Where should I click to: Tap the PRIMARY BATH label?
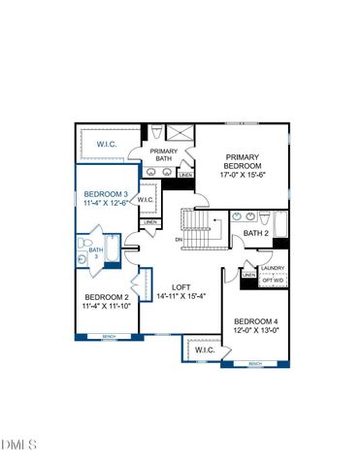(x=162, y=156)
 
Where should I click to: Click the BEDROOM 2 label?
(x=106, y=297)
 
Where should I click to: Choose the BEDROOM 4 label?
(x=255, y=321)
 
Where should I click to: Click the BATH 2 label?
(x=255, y=234)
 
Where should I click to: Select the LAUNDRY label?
(x=273, y=269)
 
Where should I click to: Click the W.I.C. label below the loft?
(x=205, y=349)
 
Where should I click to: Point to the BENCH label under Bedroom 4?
(x=254, y=364)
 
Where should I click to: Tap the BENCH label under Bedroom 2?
(x=108, y=337)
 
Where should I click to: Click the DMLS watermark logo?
(x=18, y=445)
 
